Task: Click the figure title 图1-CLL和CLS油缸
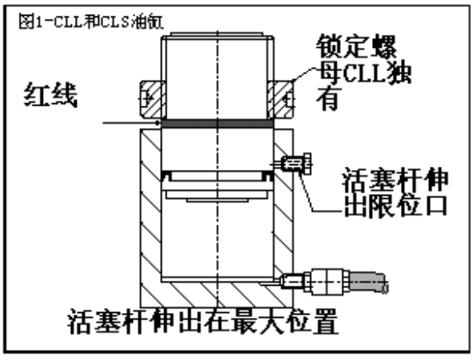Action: tap(91, 21)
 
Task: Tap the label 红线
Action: tap(50, 95)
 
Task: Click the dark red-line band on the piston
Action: tap(217, 123)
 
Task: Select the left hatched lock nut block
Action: tap(153, 99)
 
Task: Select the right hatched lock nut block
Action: tap(280, 99)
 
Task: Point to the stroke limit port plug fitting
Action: tap(296, 163)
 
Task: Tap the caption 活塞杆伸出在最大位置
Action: tap(202, 321)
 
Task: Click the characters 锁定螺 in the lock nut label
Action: tap(356, 46)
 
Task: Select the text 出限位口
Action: tap(395, 206)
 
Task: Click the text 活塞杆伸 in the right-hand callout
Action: tap(394, 180)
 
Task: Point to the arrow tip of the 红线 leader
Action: tap(160, 123)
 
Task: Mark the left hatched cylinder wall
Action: tap(151, 218)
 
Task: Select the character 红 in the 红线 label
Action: tap(36, 95)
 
